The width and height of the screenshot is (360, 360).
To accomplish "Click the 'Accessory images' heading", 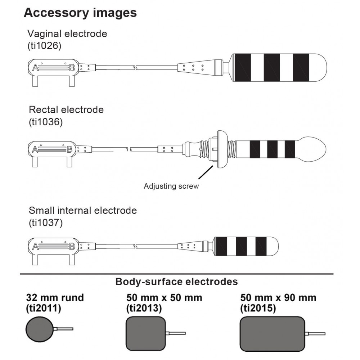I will point(80,13).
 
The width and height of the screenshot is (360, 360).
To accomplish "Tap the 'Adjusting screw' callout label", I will point(171,186).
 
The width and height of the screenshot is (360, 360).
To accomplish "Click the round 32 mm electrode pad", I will point(40,329).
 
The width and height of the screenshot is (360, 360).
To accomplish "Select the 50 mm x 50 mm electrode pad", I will point(146,333).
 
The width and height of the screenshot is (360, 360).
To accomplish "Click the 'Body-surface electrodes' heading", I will point(176,282).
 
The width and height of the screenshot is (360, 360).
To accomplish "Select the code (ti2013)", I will point(144,308).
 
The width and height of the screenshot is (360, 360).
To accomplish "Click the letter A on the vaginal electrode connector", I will point(36,67).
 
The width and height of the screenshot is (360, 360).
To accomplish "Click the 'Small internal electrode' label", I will point(83,210).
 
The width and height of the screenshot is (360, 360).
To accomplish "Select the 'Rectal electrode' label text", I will point(66,109).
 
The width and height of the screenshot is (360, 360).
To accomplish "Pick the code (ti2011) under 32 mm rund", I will point(44,308).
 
